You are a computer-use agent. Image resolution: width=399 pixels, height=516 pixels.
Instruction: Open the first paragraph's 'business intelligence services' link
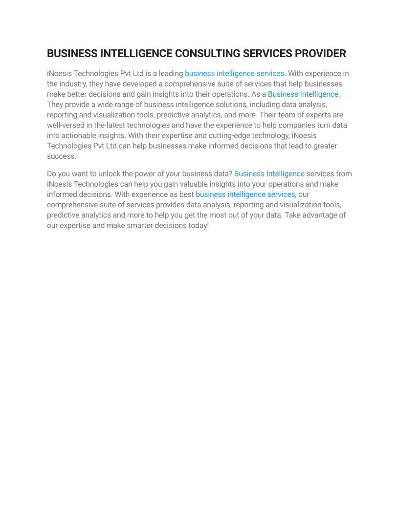(x=234, y=73)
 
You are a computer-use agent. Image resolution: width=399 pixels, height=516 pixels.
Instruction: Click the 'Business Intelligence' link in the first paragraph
(x=303, y=94)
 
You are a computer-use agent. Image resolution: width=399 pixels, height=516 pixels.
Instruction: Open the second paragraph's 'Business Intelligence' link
(x=269, y=174)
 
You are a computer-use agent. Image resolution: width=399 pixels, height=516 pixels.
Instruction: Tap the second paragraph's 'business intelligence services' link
(x=245, y=194)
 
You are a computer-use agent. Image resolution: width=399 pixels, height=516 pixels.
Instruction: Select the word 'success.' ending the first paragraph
(x=62, y=156)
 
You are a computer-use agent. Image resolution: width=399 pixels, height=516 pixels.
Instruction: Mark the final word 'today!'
(x=199, y=225)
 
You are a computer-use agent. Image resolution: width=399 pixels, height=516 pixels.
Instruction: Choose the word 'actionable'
(x=81, y=135)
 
